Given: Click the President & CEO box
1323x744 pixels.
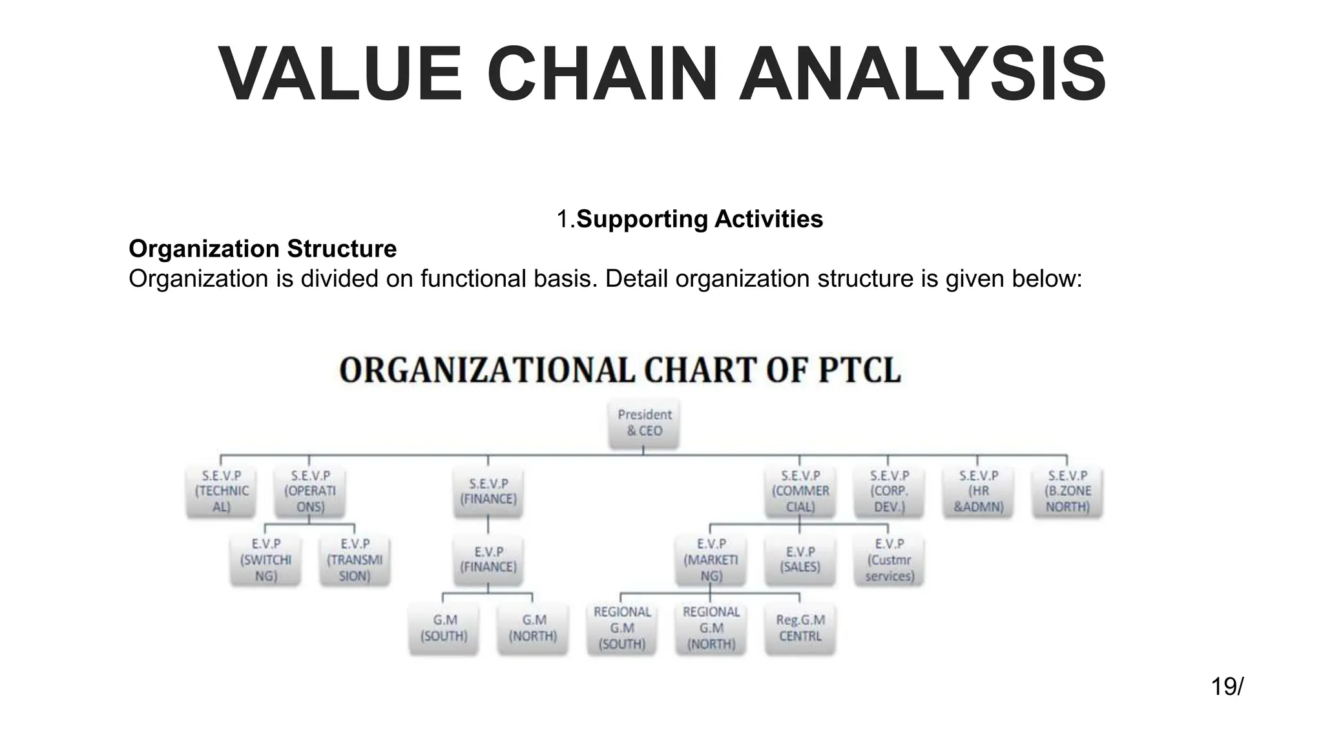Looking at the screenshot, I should (x=644, y=423).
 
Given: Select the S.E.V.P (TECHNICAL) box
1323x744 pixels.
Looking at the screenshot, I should (x=222, y=491).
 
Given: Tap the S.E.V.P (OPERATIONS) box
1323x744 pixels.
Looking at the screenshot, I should (x=310, y=491).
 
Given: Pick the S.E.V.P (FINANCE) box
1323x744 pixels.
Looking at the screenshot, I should (x=488, y=491).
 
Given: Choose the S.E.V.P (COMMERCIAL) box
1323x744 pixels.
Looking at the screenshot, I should (x=800, y=491).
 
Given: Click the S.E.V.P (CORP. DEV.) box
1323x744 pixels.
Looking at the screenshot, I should (x=889, y=491).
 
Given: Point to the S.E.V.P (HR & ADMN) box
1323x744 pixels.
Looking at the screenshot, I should (x=978, y=491).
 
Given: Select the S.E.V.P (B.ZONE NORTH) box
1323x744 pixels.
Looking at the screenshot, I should (x=1067, y=491).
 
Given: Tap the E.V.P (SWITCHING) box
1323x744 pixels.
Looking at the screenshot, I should (x=266, y=560).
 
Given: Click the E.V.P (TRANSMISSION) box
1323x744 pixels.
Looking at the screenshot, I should (x=355, y=560).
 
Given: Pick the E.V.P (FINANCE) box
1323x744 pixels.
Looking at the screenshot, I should (x=488, y=560).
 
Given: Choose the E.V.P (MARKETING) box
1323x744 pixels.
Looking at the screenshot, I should (x=711, y=560).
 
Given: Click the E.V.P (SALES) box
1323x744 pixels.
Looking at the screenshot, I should (x=800, y=560).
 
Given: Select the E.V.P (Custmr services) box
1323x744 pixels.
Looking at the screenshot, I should (x=889, y=560).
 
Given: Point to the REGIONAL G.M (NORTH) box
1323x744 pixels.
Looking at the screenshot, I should (x=711, y=628).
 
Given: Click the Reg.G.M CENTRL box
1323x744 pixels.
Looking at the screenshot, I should (x=800, y=628).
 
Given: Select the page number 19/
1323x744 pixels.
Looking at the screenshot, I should (x=1227, y=687).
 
